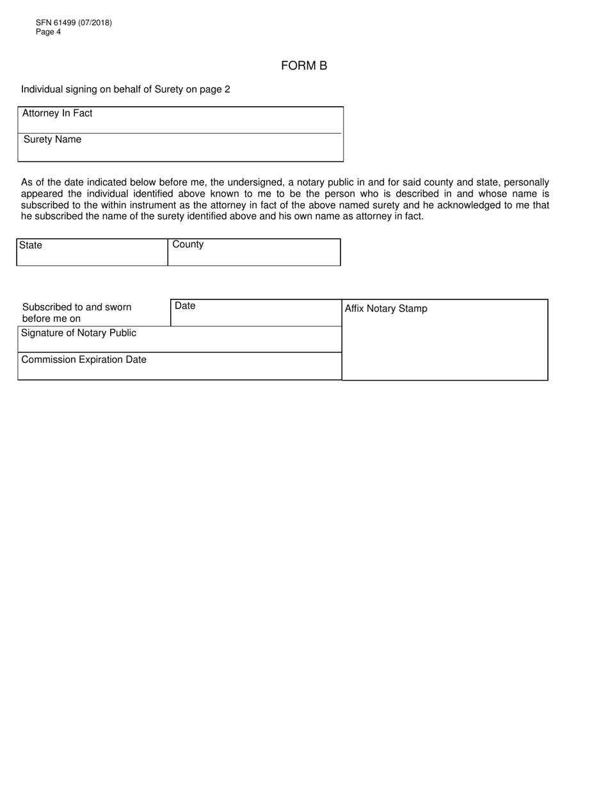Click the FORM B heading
pos(304,66)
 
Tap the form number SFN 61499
pos(56,23)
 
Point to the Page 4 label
pos(49,32)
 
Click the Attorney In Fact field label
pos(58,113)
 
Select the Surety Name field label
pos(52,139)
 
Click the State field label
pos(31,245)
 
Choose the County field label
pos(188,244)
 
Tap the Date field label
pos(185,306)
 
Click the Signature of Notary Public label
pos(79,333)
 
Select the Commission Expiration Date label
pos(84,360)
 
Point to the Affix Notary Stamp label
pos(386,308)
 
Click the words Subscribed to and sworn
pos(77,307)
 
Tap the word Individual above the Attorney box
pos(42,90)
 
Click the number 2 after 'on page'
pos(227,90)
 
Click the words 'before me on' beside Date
pos(51,319)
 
